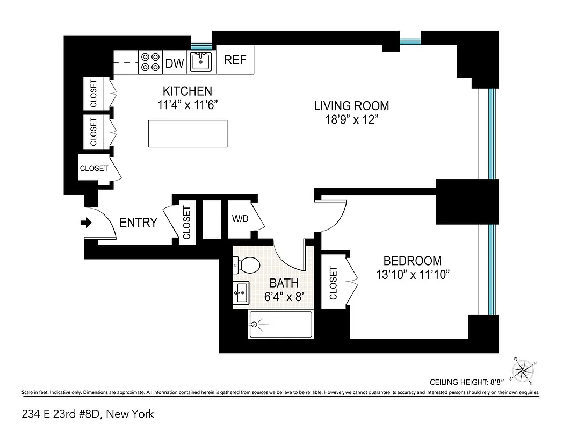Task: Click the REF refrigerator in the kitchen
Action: click(x=235, y=60)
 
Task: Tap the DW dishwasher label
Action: click(x=175, y=63)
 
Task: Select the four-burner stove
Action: click(x=150, y=61)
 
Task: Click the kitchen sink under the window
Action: click(x=201, y=62)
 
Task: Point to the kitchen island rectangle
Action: click(x=187, y=133)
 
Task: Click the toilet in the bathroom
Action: click(x=246, y=264)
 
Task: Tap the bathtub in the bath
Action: click(x=280, y=324)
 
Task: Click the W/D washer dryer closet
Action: click(x=240, y=219)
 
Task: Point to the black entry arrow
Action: click(x=86, y=223)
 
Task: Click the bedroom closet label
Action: click(x=333, y=283)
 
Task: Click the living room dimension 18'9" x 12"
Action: click(x=351, y=119)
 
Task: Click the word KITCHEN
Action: click(x=187, y=91)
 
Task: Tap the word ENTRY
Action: click(x=138, y=223)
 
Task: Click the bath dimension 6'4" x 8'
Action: click(x=284, y=296)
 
